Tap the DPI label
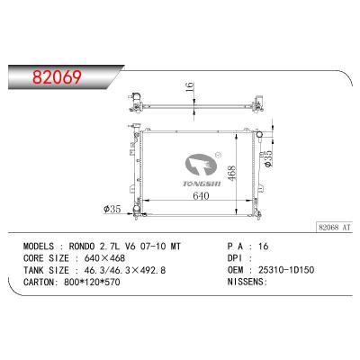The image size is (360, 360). tap(236, 256)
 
